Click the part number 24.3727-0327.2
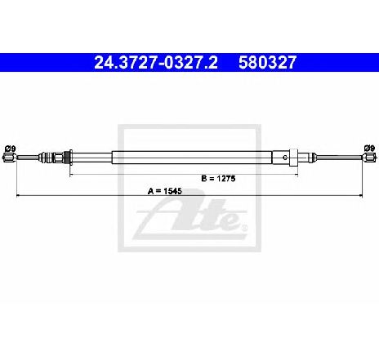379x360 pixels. [x=156, y=63]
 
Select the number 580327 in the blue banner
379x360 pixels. [x=267, y=63]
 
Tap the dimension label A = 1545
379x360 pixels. [x=165, y=191]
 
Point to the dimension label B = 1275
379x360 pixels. [x=218, y=179]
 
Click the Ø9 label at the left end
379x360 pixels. [x=11, y=149]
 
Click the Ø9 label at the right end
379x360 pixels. [x=369, y=149]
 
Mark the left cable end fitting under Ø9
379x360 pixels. [x=10, y=158]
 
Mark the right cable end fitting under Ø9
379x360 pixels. [x=369, y=158]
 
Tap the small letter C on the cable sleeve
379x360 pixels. [x=285, y=158]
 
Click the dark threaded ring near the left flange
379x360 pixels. [x=65, y=158]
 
